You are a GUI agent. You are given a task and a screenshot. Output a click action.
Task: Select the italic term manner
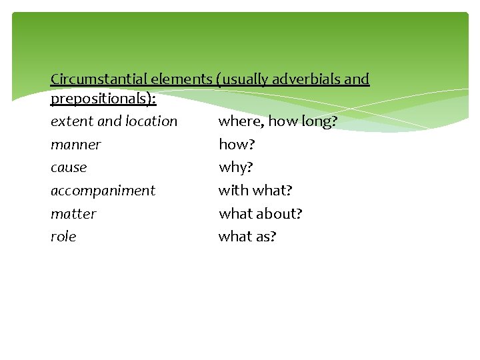[x=75, y=145]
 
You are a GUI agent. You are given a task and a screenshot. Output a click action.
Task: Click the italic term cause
[x=69, y=167]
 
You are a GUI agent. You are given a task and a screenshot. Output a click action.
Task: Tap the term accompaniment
[x=103, y=191]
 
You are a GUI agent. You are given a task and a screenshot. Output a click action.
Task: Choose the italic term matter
[x=73, y=214]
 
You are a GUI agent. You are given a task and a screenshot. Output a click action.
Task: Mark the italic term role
[x=63, y=237]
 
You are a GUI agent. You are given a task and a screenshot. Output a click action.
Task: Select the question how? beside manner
[x=237, y=145]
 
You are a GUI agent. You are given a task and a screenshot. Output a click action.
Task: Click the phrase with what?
[x=255, y=191]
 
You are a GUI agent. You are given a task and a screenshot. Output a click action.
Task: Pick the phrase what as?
[x=247, y=237]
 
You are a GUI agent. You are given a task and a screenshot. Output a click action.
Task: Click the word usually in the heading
[x=245, y=79]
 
